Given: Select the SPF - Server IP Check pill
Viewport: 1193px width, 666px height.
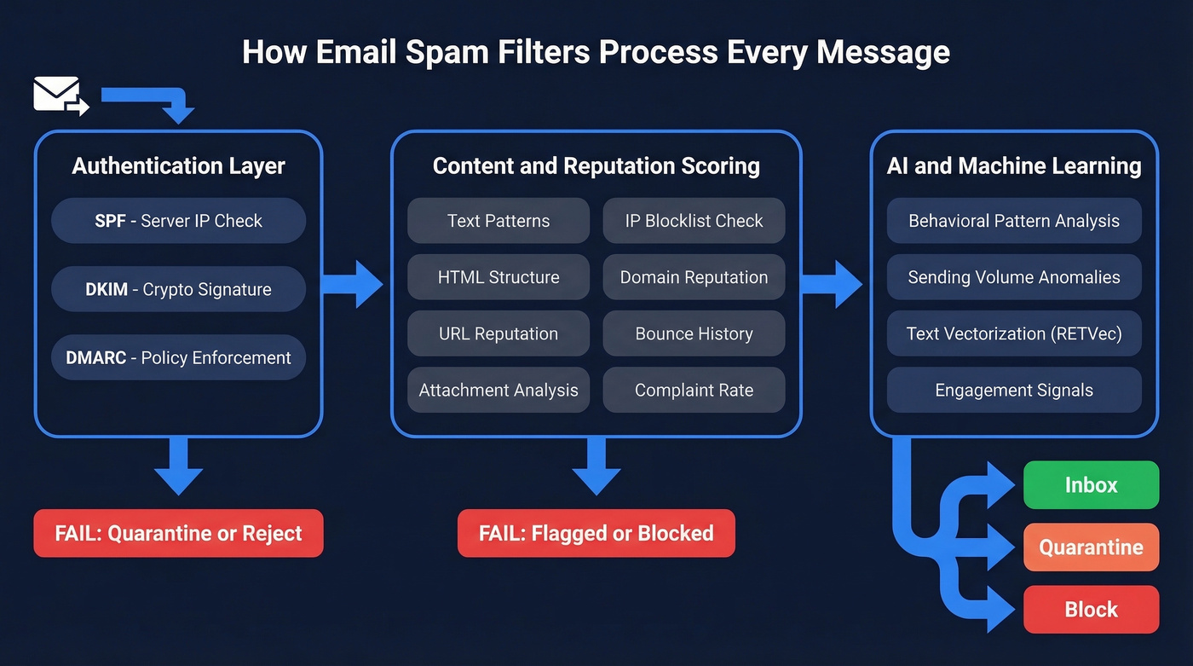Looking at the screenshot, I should [178, 221].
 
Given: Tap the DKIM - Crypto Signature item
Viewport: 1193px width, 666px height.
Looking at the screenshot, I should [178, 289].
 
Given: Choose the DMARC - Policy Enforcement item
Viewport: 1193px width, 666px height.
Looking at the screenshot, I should [178, 357].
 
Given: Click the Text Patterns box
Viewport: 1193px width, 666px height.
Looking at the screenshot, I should [499, 221].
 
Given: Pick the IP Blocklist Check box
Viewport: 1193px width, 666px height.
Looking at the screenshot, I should [694, 221].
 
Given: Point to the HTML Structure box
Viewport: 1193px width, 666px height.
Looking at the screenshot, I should [499, 277].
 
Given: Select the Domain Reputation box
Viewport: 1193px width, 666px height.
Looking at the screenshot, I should [694, 277].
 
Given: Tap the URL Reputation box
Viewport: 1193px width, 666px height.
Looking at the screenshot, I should [499, 333].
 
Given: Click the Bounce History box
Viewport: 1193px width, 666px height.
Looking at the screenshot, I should [694, 333].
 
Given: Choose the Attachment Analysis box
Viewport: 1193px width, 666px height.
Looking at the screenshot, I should [499, 391].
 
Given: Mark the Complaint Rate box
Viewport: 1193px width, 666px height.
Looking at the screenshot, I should [694, 391].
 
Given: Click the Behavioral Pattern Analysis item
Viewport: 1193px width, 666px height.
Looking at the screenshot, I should [1014, 221].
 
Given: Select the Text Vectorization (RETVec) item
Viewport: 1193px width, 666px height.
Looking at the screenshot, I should [1014, 333].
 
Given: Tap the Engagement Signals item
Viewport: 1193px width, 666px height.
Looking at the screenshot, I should [1014, 391].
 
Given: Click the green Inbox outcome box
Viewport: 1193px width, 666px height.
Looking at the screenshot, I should [1091, 485].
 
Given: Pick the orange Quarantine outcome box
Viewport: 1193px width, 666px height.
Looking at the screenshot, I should [1091, 547].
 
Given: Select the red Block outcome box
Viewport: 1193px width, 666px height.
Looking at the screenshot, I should [1091, 610].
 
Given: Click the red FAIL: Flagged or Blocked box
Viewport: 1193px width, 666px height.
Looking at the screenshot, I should [596, 534].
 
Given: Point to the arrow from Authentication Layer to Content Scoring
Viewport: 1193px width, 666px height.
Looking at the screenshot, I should [354, 284].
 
